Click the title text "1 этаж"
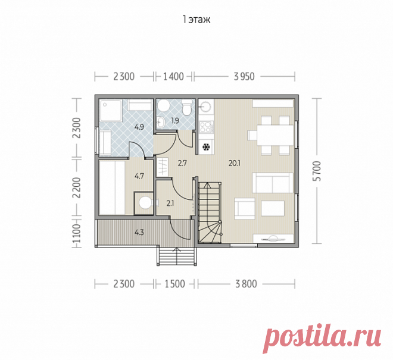(196, 20)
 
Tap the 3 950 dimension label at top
(244, 77)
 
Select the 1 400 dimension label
(173, 77)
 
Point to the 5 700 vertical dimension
(317, 171)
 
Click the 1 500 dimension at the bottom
(174, 284)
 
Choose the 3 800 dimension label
(246, 284)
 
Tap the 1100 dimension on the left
(77, 233)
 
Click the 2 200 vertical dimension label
(77, 187)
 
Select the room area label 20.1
(235, 164)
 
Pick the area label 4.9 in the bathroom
(139, 127)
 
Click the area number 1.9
(175, 121)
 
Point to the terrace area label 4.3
(139, 233)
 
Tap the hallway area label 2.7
(182, 164)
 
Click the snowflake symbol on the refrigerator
(206, 147)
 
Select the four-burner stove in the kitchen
(206, 127)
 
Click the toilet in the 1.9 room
(186, 108)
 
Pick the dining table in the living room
(275, 135)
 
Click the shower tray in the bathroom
(111, 111)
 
